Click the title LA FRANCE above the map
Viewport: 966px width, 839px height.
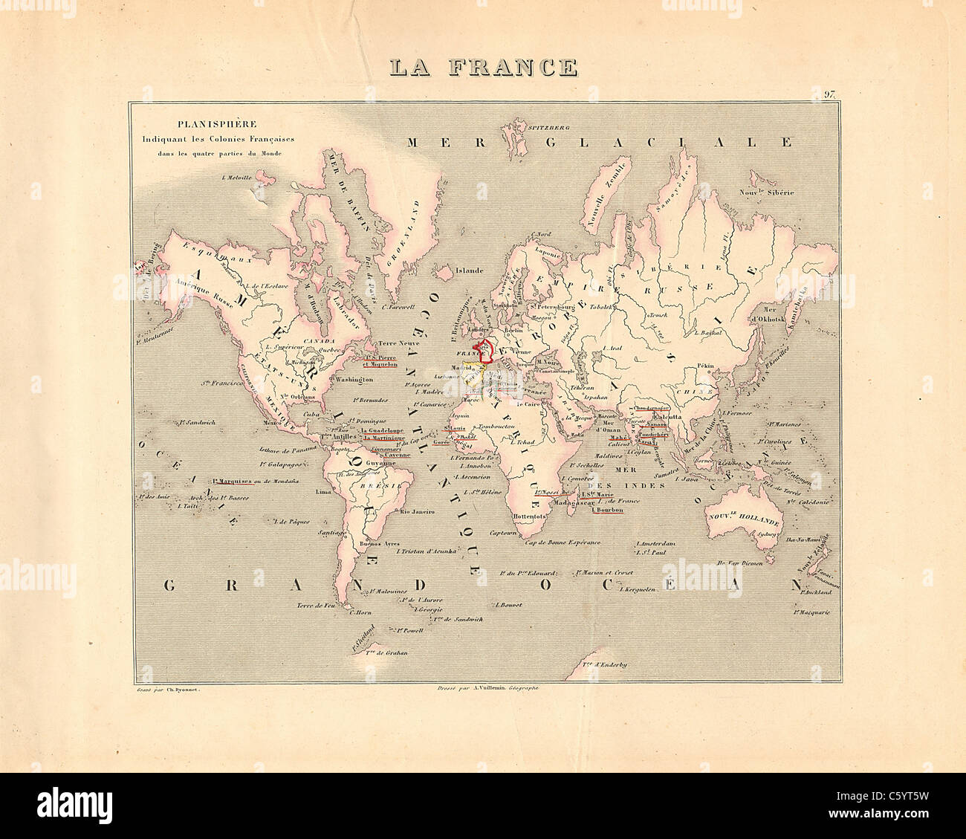click(484, 67)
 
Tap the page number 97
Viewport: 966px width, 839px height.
click(829, 94)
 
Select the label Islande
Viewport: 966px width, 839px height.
click(470, 271)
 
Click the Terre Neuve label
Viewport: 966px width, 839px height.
click(400, 344)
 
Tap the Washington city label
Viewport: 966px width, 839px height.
click(354, 380)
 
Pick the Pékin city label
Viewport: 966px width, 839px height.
click(705, 366)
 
